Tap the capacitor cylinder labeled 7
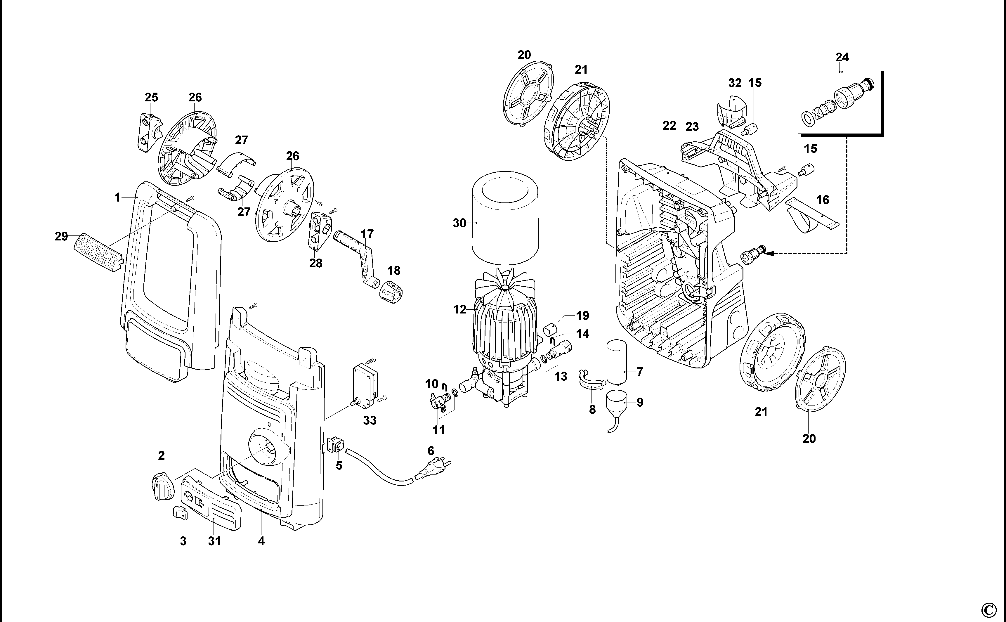coord(616,362)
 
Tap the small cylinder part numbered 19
coord(550,330)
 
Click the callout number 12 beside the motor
coord(459,309)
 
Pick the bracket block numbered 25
coord(149,132)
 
